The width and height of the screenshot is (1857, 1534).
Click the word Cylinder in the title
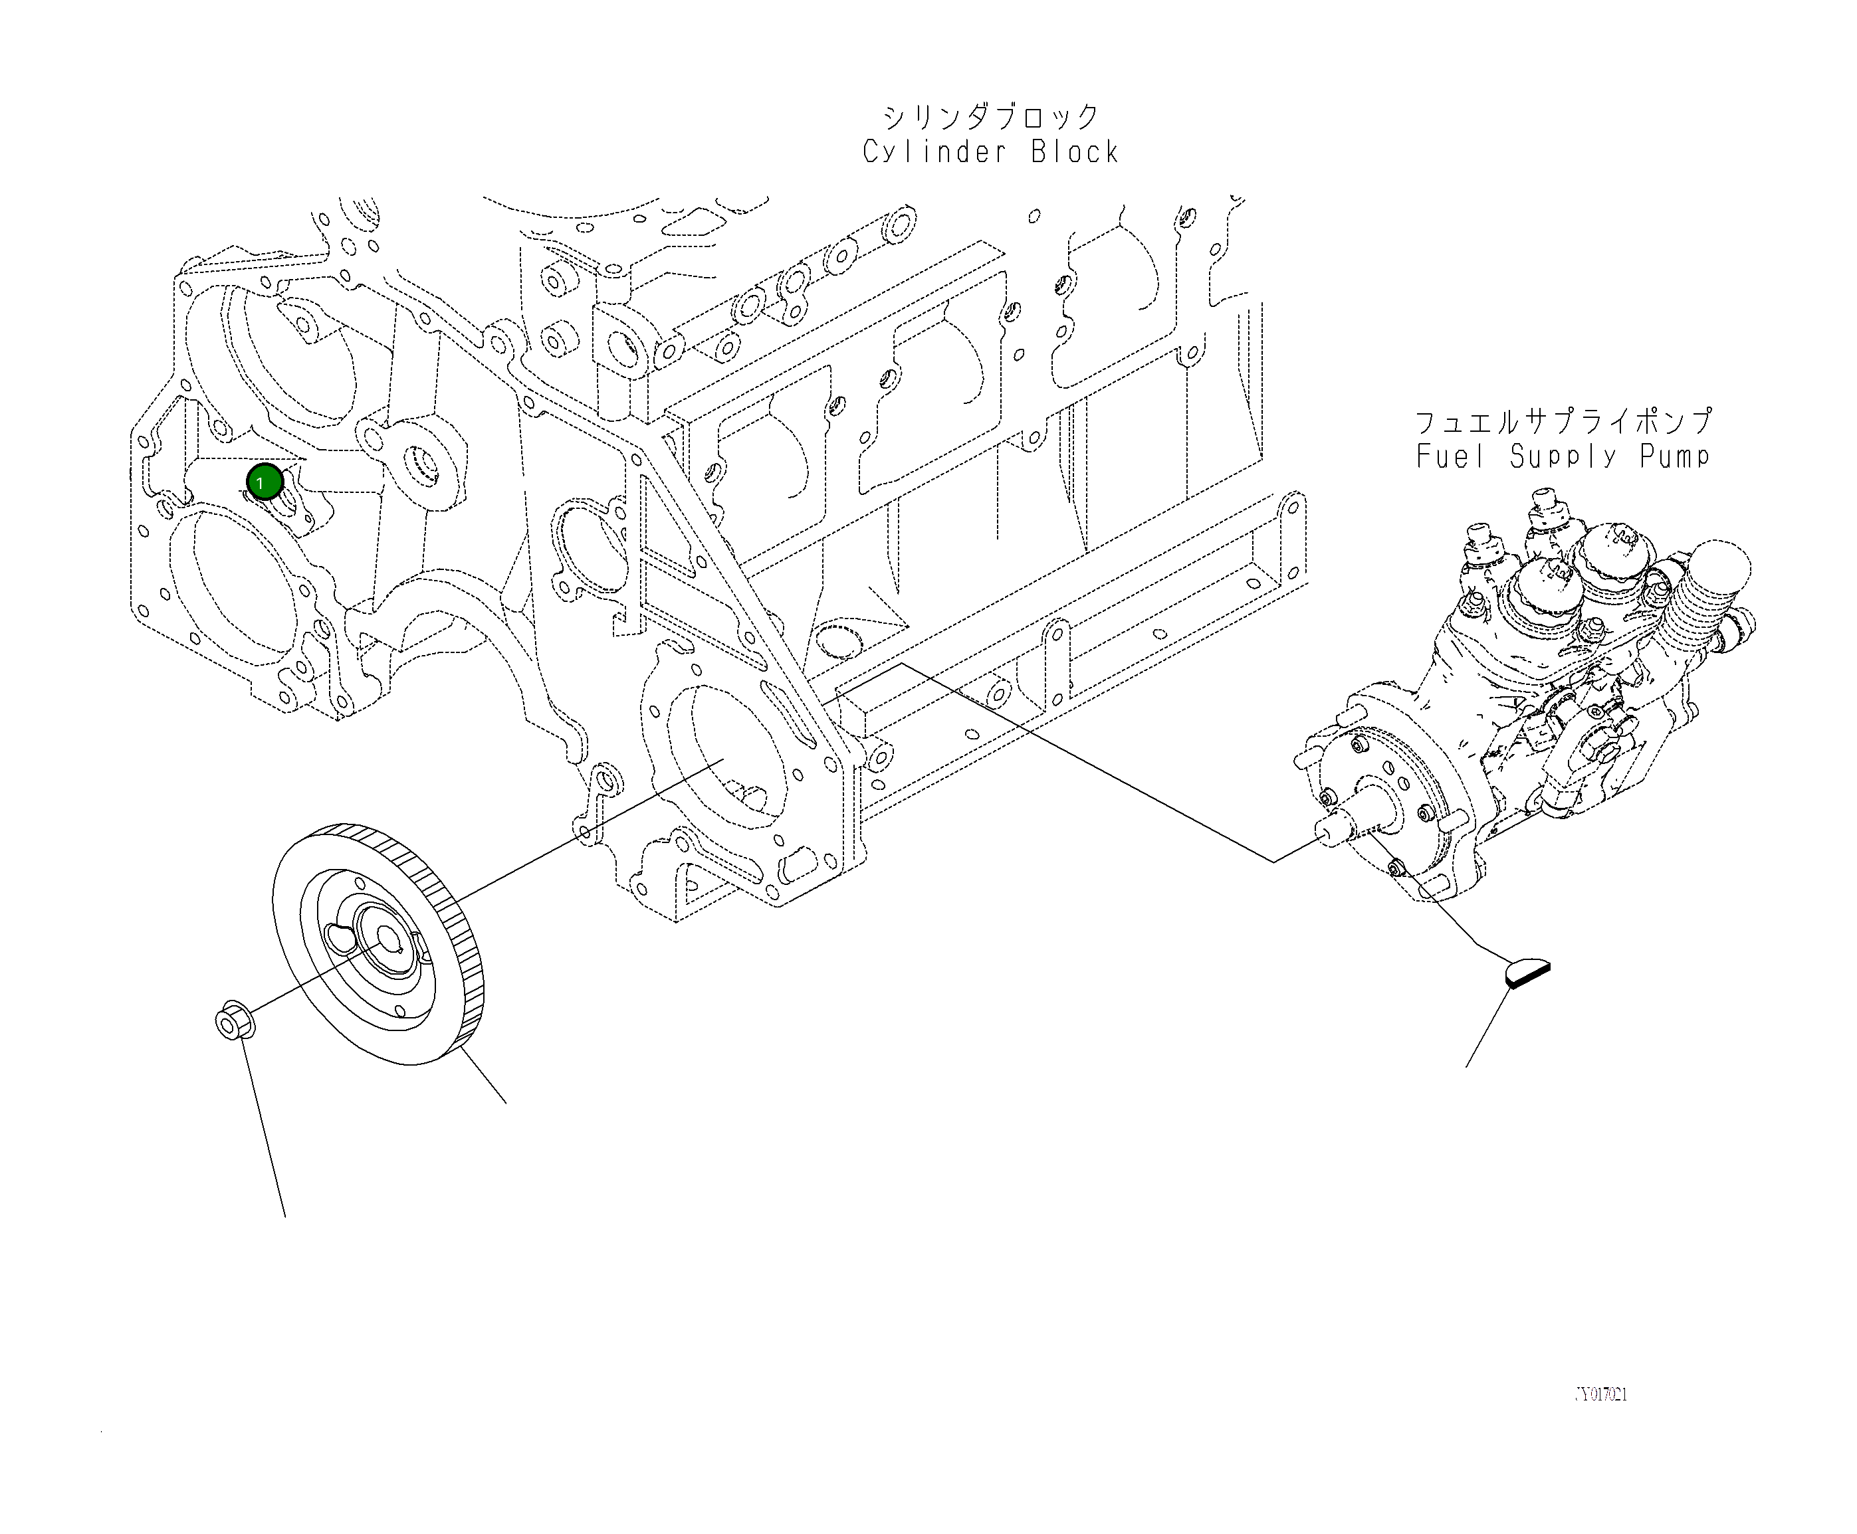tap(933, 152)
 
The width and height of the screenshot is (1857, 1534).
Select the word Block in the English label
tap(1074, 152)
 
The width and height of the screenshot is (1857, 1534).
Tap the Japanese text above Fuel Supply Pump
tap(1563, 421)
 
